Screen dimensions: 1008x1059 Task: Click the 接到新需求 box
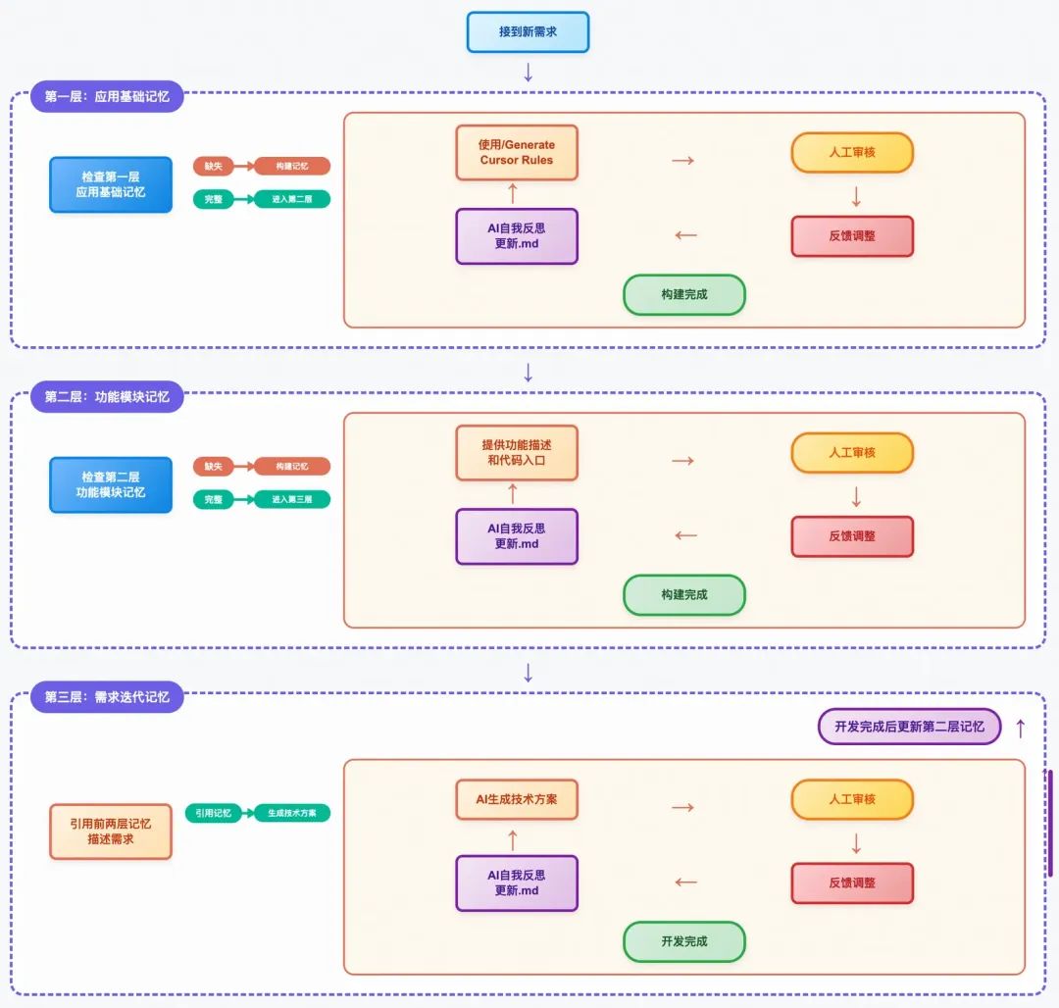tap(528, 31)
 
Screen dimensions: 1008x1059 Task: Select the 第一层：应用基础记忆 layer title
tap(107, 96)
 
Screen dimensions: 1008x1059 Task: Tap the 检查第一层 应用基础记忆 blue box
tap(111, 184)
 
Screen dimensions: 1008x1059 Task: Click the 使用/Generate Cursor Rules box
tap(517, 152)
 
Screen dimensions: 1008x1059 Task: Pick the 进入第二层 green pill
tap(292, 199)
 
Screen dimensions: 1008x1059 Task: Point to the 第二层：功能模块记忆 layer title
tap(107, 396)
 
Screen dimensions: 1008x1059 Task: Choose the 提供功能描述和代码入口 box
tap(517, 452)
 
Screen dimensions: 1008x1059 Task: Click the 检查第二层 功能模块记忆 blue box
tap(111, 484)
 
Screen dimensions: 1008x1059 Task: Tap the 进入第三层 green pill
tap(292, 499)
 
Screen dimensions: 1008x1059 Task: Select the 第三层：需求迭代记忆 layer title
tap(107, 696)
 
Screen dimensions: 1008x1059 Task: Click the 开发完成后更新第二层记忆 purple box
tap(909, 727)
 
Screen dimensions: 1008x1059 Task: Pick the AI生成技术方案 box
tap(517, 799)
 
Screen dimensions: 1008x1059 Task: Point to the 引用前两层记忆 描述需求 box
tap(111, 832)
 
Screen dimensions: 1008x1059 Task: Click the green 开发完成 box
tap(684, 941)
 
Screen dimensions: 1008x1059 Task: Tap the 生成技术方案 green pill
tap(292, 813)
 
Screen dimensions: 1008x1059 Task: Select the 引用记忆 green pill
tap(213, 813)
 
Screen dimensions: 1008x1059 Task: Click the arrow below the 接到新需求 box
tap(529, 72)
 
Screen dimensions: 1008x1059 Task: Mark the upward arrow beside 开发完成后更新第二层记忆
tap(1020, 728)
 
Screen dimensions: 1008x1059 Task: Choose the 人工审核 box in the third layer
tap(852, 799)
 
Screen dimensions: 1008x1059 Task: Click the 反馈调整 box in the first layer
tap(852, 236)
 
